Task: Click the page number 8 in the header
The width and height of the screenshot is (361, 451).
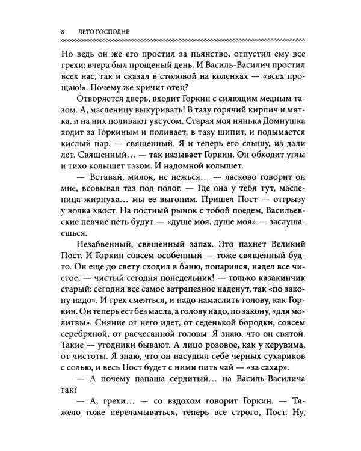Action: click(55, 31)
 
